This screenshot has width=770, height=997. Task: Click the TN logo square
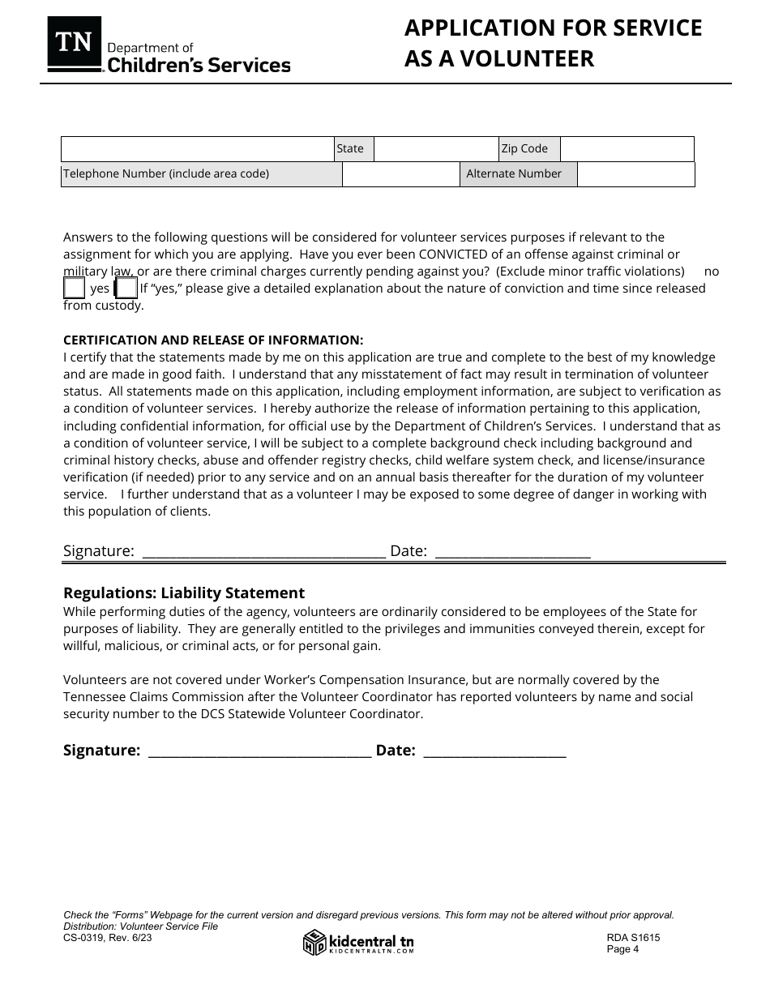[75, 43]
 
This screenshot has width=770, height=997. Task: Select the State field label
[350, 148]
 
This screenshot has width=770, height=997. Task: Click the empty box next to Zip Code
[627, 149]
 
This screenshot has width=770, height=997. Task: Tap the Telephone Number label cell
[201, 174]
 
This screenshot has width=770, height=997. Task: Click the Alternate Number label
[514, 174]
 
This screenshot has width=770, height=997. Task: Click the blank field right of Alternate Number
[635, 174]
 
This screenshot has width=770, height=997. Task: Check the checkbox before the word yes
[74, 288]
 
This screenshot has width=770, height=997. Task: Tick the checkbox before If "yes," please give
[126, 288]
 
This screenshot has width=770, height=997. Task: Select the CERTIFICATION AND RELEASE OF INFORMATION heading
[213, 340]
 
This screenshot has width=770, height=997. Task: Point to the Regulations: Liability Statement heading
[184, 593]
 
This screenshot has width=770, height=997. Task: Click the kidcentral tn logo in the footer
[358, 943]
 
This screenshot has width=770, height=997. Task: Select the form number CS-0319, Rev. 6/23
[107, 937]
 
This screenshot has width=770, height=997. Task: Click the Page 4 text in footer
[622, 950]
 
